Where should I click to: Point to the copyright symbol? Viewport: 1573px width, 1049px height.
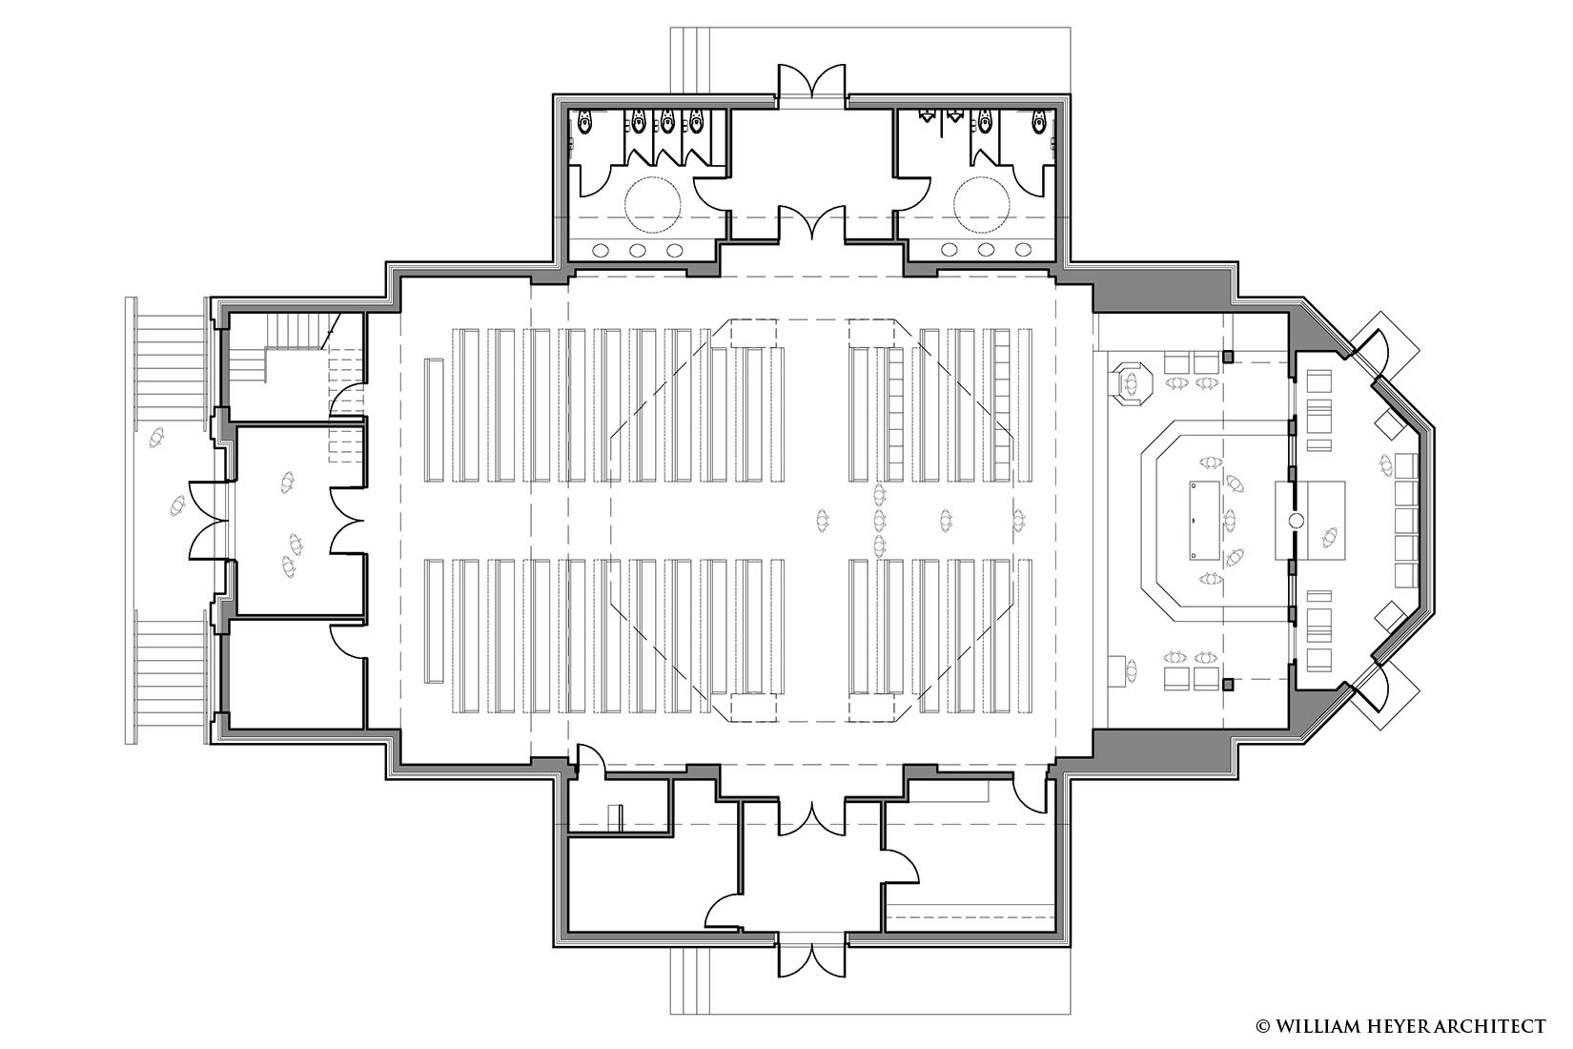click(x=1263, y=1027)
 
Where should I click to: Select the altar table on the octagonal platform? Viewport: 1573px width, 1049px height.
click(x=1204, y=521)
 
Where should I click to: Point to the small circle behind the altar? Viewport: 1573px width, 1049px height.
click(x=1297, y=521)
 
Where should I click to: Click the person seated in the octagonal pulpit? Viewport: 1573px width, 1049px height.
click(x=1131, y=383)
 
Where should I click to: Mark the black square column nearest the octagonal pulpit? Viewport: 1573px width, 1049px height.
click(x=1228, y=357)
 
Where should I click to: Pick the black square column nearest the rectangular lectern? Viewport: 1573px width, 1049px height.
click(x=1228, y=684)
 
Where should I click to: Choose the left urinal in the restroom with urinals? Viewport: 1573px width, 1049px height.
click(x=926, y=116)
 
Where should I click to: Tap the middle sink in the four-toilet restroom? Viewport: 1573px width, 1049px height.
click(x=637, y=250)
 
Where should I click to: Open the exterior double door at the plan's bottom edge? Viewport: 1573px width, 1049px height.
click(x=812, y=955)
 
